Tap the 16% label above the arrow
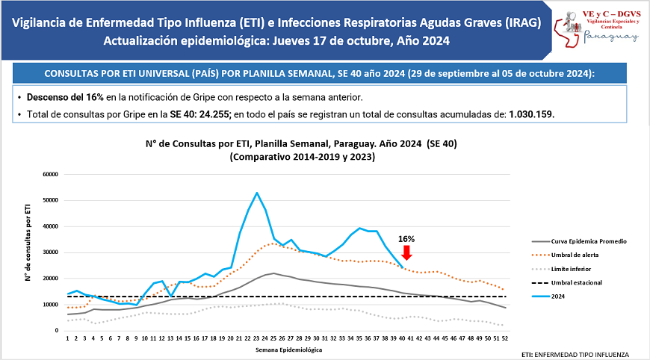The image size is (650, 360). [x=406, y=239]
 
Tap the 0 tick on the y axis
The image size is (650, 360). [x=57, y=331]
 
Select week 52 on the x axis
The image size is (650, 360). [x=506, y=338]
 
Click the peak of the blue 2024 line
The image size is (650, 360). [x=257, y=193]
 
